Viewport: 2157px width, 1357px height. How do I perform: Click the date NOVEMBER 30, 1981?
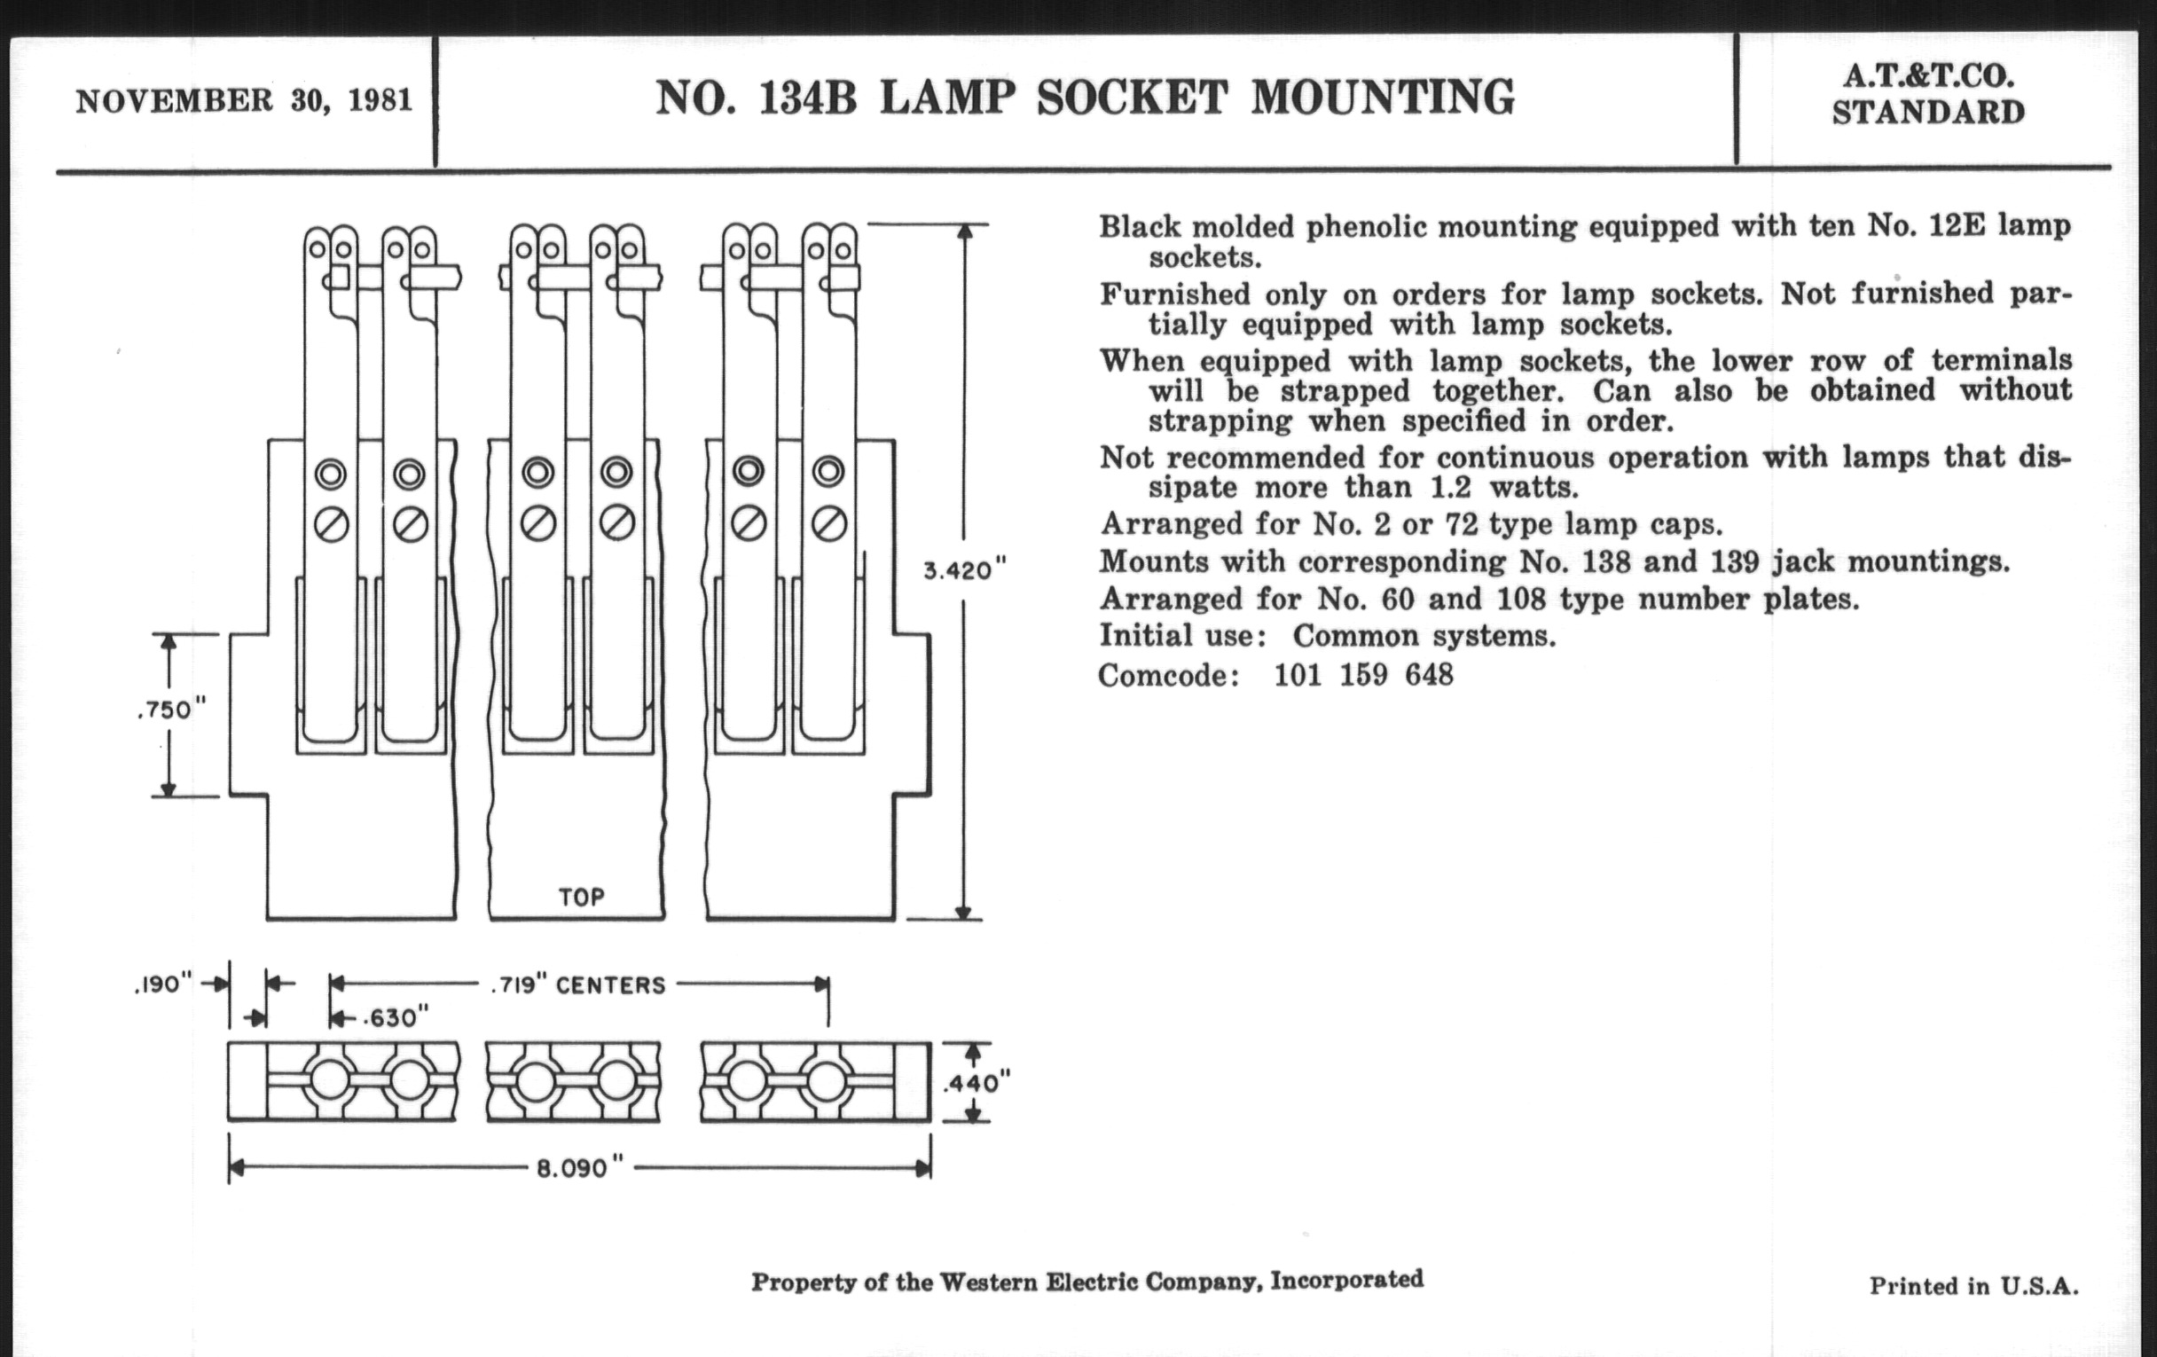pos(244,100)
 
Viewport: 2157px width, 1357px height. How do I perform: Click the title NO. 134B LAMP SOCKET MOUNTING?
pos(1085,98)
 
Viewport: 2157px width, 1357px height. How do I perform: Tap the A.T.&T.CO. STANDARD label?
pos(1927,95)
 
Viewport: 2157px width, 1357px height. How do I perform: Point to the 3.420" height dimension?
pos(965,570)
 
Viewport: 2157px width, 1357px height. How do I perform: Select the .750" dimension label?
pos(171,710)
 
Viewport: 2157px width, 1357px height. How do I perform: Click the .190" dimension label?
pos(162,984)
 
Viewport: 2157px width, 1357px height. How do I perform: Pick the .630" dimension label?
pos(394,1018)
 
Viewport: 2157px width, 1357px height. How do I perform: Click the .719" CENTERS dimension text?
pos(577,985)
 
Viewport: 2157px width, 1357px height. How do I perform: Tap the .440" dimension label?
pos(977,1083)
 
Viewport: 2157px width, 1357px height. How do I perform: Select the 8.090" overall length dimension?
pos(578,1169)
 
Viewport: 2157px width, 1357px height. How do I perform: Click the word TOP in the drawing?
pos(581,897)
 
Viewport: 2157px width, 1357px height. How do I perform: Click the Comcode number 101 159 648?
pos(1363,674)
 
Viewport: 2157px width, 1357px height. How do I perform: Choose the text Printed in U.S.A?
pos(1973,1286)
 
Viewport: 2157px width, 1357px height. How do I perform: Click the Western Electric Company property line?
pos(1086,1281)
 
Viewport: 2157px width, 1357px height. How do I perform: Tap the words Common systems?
pos(1424,636)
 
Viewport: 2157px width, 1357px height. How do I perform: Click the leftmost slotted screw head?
pos(331,525)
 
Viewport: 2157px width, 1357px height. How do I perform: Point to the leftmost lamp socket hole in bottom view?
pos(330,1081)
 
